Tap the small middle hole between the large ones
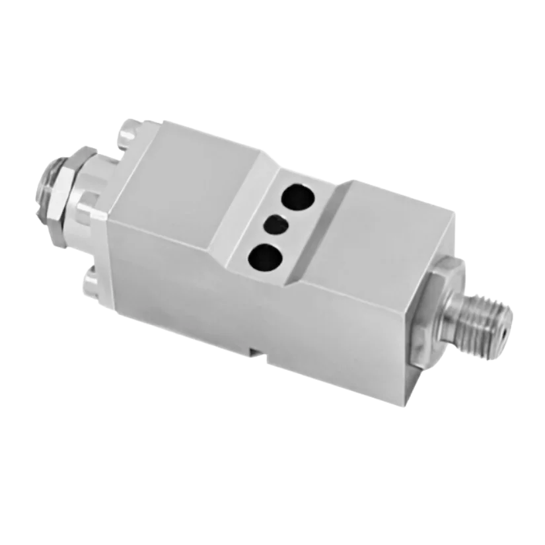pyautogui.click(x=275, y=225)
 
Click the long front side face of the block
pyautogui.click(x=264, y=310)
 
